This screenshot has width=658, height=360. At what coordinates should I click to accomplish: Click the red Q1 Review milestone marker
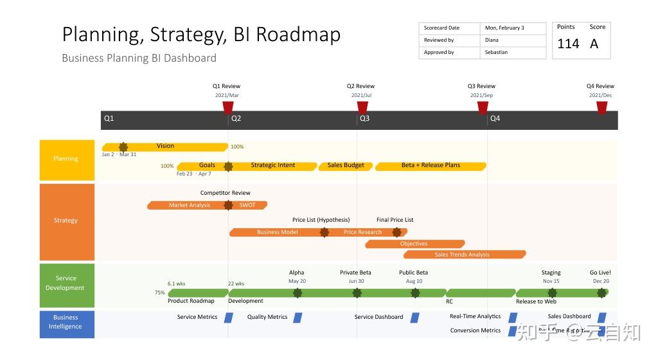click(227, 107)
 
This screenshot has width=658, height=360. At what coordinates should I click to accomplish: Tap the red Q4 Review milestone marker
click(601, 107)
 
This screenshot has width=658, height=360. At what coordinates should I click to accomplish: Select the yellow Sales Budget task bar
click(346, 166)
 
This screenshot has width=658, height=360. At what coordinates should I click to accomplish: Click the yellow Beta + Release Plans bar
click(431, 166)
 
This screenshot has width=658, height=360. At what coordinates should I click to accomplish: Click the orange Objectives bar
click(414, 244)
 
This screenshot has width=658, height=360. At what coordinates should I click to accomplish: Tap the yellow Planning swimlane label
click(67, 159)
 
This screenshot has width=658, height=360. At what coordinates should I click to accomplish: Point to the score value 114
click(568, 44)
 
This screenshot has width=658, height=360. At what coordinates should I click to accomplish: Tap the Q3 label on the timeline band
click(364, 119)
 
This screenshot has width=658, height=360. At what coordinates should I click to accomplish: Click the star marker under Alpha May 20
click(298, 293)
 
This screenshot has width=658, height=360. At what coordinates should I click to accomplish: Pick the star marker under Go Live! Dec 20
click(601, 293)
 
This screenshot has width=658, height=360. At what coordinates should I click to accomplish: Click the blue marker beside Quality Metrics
click(298, 317)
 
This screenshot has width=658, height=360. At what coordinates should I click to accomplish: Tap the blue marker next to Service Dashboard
click(415, 317)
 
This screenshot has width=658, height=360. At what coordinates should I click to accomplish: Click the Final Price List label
click(395, 220)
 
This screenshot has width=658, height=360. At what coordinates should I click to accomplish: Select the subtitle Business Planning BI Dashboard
click(139, 58)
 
